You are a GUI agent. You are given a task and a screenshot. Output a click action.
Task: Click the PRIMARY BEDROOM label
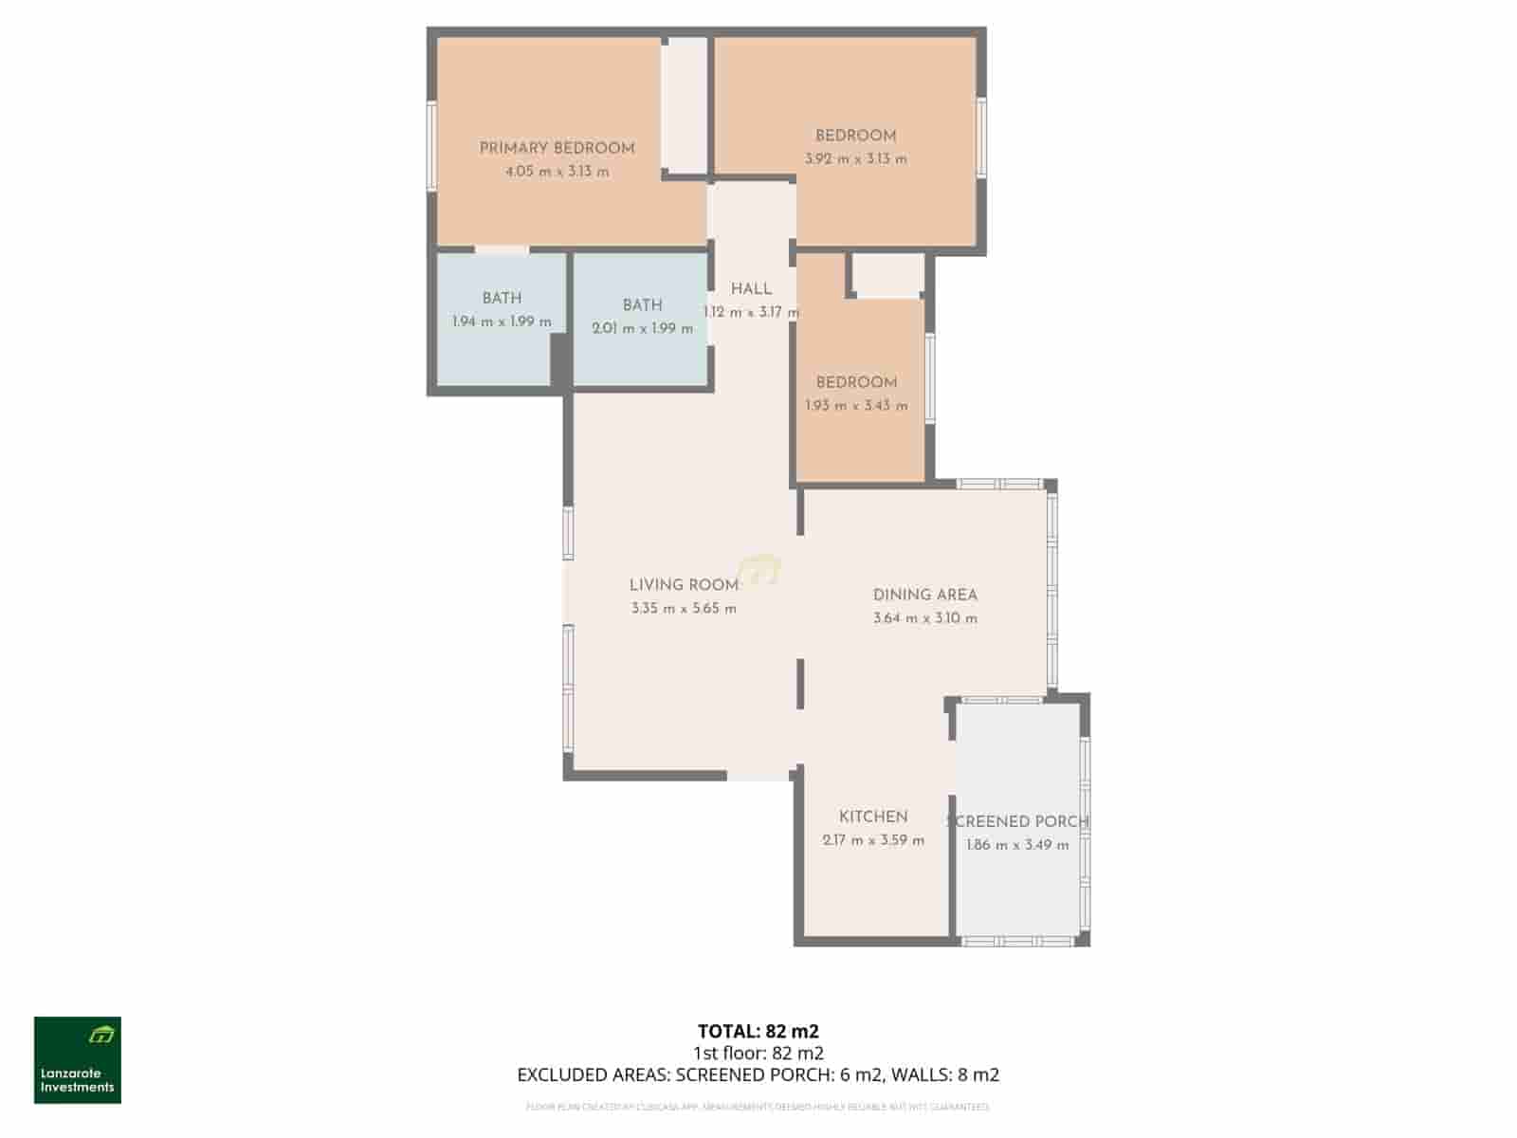[557, 148]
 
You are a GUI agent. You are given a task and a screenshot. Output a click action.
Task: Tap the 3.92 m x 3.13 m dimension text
[855, 159]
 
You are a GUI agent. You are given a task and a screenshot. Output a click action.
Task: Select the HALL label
[751, 289]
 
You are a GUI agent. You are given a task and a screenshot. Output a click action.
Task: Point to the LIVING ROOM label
[684, 585]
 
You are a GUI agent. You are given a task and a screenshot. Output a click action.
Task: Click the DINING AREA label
[924, 595]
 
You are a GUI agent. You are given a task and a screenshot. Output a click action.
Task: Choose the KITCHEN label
[873, 817]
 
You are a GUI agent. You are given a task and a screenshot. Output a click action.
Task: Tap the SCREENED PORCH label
[1017, 822]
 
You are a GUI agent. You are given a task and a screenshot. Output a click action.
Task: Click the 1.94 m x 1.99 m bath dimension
[502, 321]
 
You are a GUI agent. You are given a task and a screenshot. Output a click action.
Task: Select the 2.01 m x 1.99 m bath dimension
[642, 329]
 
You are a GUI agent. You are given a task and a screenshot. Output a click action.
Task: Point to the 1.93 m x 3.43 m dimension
[856, 406]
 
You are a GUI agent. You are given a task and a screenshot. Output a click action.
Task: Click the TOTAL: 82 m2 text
[758, 1031]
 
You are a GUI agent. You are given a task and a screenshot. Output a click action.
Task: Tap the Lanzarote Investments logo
[78, 1060]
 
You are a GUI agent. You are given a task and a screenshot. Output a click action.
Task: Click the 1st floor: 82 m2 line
[758, 1053]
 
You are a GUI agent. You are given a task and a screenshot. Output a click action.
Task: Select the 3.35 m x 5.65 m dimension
[684, 609]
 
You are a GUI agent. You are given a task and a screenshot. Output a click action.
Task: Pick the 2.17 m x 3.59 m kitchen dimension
[873, 840]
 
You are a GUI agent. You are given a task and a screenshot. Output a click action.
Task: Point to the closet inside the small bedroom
[887, 275]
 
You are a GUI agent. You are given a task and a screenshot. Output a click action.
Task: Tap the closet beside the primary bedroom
[684, 104]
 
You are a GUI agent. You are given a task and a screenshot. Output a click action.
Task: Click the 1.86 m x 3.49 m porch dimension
[1017, 845]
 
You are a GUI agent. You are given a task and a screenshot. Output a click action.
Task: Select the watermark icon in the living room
[759, 570]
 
